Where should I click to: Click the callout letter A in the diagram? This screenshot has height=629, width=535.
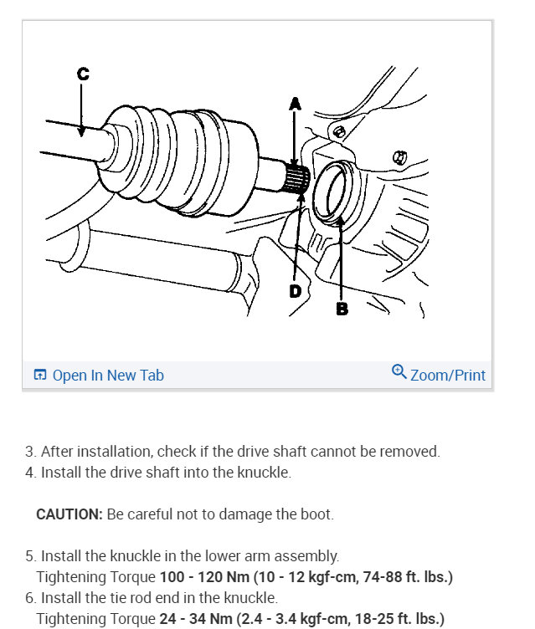click(x=294, y=104)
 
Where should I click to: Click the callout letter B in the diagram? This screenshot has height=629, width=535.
click(x=342, y=309)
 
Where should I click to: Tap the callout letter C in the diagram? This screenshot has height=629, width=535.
click(x=82, y=74)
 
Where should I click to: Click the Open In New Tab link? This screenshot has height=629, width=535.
click(x=108, y=376)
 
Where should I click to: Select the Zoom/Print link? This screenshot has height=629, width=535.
click(x=447, y=376)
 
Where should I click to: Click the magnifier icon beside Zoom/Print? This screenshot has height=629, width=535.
click(x=399, y=372)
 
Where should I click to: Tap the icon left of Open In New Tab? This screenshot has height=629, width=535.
click(x=39, y=376)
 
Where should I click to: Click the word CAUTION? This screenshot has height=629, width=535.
click(x=69, y=514)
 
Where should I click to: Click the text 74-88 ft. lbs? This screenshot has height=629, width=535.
click(x=406, y=576)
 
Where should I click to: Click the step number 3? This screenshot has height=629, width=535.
click(x=29, y=452)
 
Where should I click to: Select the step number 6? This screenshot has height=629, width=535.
click(x=29, y=598)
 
